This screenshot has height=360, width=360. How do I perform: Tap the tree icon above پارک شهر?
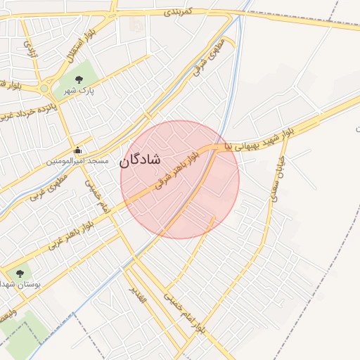[x=78, y=80]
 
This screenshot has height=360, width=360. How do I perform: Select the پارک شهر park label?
[x=80, y=91]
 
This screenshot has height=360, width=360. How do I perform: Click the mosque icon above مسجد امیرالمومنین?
[x=78, y=150]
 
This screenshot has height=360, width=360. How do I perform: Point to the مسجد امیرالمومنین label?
[x=78, y=161]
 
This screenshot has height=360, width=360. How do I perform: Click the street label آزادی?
[x=30, y=48]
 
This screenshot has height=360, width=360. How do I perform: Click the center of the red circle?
[x=180, y=179]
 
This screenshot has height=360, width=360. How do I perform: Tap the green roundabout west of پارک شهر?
[x=44, y=89]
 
